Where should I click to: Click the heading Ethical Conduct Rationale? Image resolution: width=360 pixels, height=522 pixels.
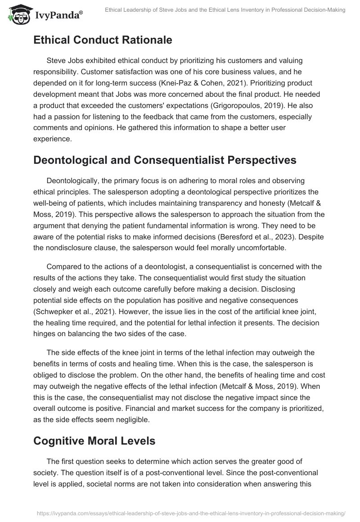click(x=103, y=40)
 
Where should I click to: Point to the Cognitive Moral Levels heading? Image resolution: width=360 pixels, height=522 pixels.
click(x=94, y=441)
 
